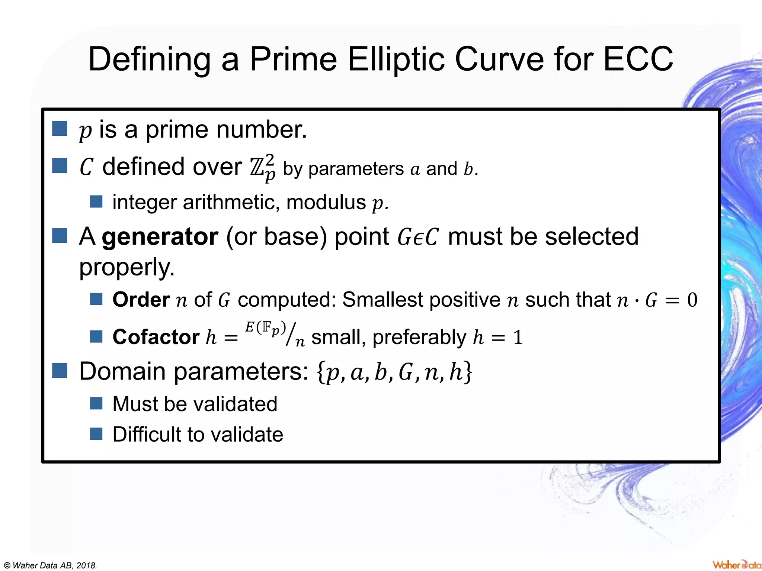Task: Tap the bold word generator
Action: tap(160, 237)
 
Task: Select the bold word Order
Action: tap(141, 300)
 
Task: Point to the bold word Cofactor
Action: tap(156, 337)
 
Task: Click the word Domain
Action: tap(122, 371)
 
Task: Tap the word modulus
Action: tap(326, 203)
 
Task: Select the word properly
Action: tap(127, 267)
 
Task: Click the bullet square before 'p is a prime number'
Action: tap(60, 129)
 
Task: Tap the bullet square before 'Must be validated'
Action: tap(96, 403)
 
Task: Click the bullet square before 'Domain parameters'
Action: tap(60, 370)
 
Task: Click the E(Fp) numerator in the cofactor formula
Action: tap(265, 328)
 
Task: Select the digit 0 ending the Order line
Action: tap(692, 300)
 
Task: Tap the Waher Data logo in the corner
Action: tap(736, 564)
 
